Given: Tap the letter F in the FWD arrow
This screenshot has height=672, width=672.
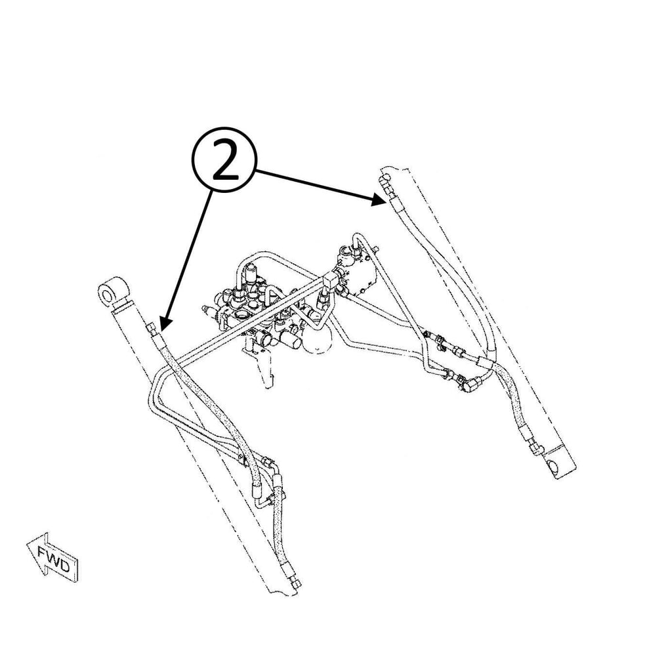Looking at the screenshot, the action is point(43,552).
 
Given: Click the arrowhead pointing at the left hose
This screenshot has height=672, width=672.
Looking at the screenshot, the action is point(165,323).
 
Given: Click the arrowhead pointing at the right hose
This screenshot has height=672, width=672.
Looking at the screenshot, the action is point(377,199).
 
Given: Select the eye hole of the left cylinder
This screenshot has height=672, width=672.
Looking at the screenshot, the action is point(106,295).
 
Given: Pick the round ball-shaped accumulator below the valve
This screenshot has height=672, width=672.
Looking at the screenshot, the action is point(320,337).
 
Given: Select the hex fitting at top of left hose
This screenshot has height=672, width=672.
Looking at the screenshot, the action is point(151,329).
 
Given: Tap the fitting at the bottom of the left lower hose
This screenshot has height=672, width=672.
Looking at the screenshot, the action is point(296,583).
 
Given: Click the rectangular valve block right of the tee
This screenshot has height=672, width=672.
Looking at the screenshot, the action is point(358,273).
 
